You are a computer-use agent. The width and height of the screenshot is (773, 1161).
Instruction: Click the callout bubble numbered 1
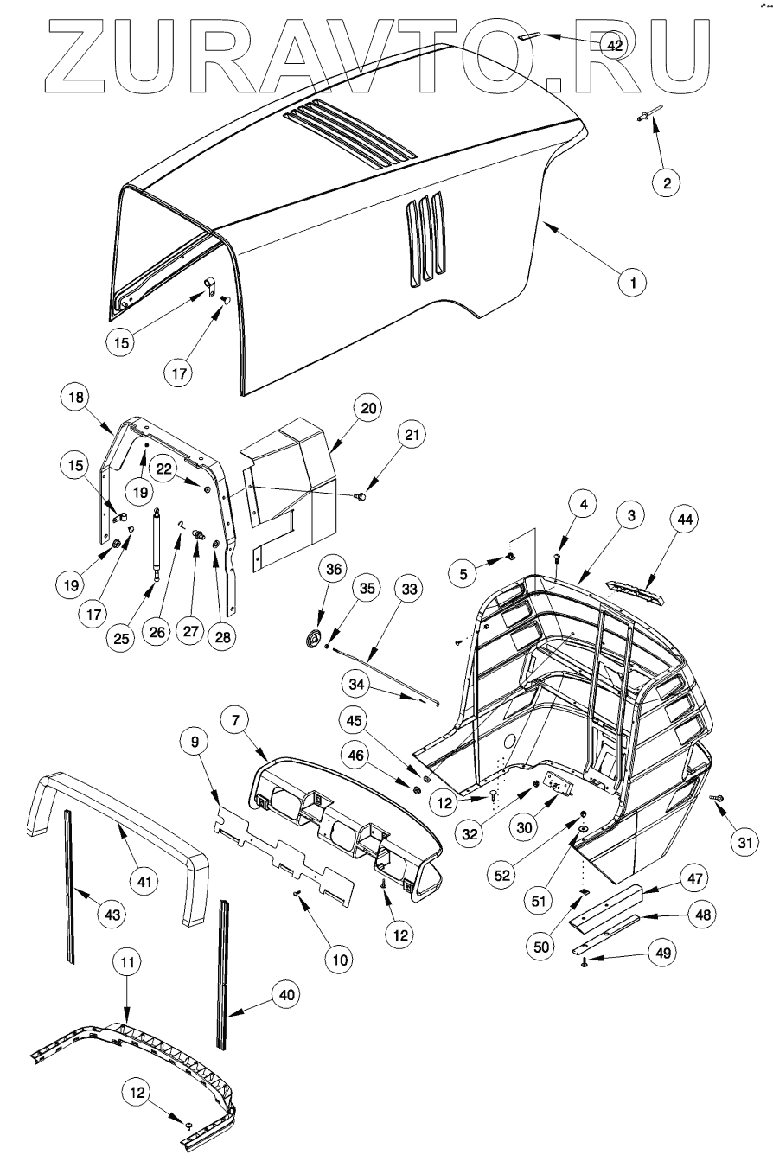pyautogui.click(x=632, y=282)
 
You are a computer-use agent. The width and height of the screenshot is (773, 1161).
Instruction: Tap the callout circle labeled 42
pyautogui.click(x=615, y=46)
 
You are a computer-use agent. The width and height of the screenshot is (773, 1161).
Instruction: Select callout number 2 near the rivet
pyautogui.click(x=666, y=182)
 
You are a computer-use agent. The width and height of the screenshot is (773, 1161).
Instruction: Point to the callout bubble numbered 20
pyautogui.click(x=368, y=408)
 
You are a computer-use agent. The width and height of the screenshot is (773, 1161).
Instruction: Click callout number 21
pyautogui.click(x=412, y=437)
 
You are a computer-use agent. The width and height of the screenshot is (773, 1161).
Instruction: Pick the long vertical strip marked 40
pyautogui.click(x=224, y=973)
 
